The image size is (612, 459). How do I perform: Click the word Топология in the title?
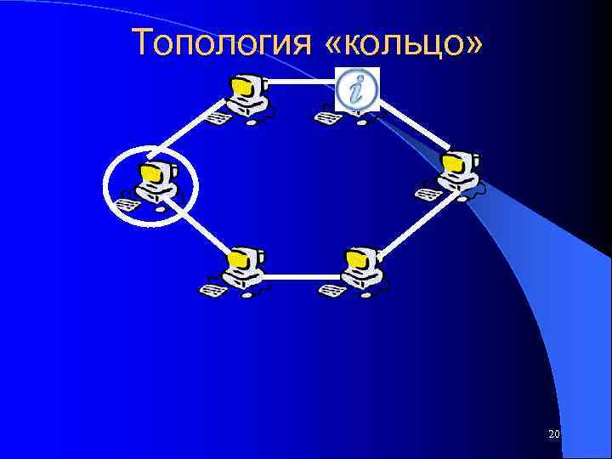pyautogui.click(x=222, y=42)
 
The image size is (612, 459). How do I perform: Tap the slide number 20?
pyautogui.click(x=554, y=435)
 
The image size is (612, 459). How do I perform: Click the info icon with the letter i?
pyautogui.click(x=357, y=88)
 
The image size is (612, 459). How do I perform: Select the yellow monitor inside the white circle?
pyautogui.click(x=153, y=174)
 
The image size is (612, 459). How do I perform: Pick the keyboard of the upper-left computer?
pyautogui.click(x=218, y=117)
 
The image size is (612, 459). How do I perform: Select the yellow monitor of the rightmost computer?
pyautogui.click(x=455, y=162)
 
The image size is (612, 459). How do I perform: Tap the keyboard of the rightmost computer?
pyautogui.click(x=429, y=191)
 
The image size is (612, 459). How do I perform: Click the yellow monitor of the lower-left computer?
pyautogui.click(x=241, y=258)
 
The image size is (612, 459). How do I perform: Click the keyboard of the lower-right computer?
pyautogui.click(x=331, y=289)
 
